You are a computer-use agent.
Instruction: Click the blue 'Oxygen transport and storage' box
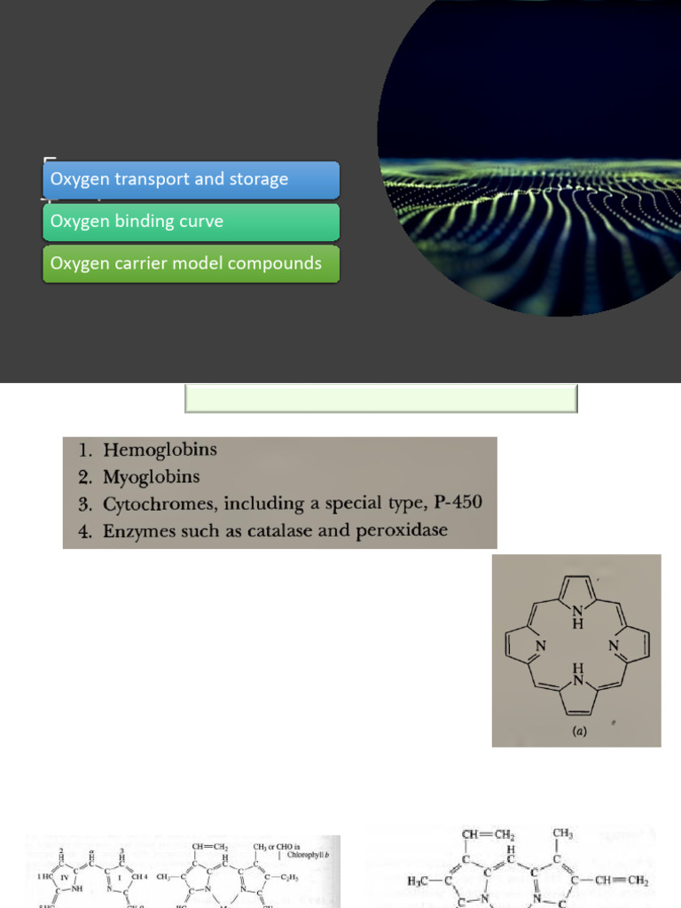(191, 179)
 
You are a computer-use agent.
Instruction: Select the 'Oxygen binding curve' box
(191, 222)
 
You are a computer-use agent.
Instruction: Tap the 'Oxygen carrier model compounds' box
(191, 263)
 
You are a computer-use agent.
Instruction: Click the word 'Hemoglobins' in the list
(160, 450)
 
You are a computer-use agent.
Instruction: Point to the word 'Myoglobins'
(151, 477)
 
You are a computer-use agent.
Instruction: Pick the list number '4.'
(85, 530)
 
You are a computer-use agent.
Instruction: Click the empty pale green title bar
(381, 398)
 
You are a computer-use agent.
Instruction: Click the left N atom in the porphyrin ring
(539, 646)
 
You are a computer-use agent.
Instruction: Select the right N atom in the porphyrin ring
(614, 646)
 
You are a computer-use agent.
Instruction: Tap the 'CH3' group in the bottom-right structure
(562, 834)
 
